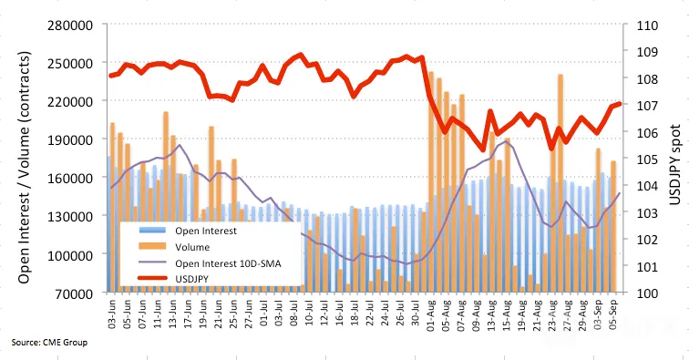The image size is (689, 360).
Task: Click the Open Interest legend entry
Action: [x=188, y=231]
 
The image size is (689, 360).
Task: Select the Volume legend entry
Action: [x=174, y=247]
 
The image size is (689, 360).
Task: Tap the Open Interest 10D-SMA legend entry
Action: [x=210, y=263]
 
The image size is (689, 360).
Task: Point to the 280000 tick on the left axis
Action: [x=70, y=25]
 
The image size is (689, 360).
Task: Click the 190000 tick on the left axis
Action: [x=70, y=139]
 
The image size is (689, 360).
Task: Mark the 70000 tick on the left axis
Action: [x=74, y=293]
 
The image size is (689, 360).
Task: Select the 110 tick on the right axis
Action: [x=647, y=25]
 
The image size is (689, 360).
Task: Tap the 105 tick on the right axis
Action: [x=647, y=159]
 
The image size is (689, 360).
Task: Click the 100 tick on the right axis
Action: [x=647, y=293]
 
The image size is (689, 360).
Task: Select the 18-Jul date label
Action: [x=355, y=314]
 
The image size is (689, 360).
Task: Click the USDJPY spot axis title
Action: [x=675, y=165]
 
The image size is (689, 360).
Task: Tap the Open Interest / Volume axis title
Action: [x=25, y=168]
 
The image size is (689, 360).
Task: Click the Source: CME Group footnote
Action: [x=49, y=342]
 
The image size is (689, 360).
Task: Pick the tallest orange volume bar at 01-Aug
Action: [x=431, y=182]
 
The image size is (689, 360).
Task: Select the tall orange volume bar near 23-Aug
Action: [x=560, y=183]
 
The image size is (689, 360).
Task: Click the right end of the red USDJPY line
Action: [x=619, y=104]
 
